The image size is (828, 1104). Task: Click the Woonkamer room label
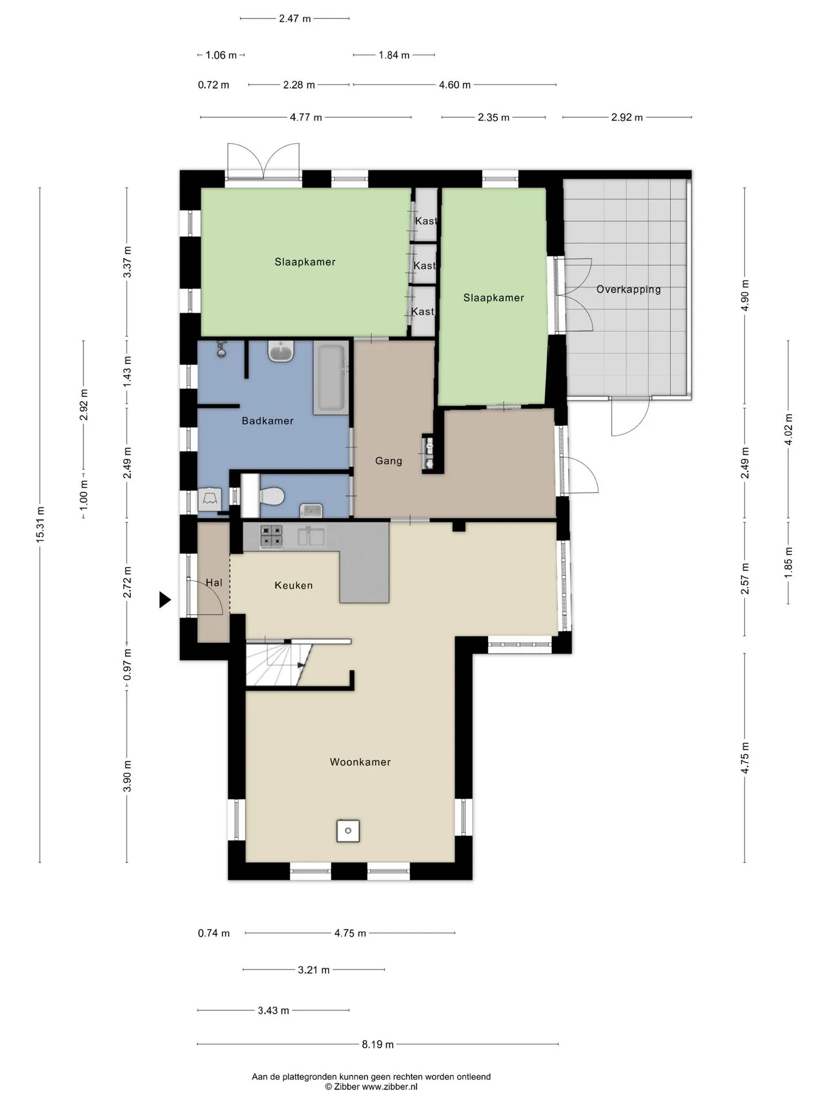click(360, 762)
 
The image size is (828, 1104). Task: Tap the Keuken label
click(294, 585)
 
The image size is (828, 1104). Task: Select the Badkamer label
click(267, 421)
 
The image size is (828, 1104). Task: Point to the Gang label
click(389, 461)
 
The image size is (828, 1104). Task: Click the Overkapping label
click(628, 289)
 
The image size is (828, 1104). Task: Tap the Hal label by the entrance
click(214, 582)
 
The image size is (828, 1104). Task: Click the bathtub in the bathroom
click(331, 379)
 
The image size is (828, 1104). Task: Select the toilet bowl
click(271, 496)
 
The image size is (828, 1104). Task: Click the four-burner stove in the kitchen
click(271, 535)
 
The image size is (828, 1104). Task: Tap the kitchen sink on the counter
click(311, 536)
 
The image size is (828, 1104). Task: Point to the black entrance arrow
click(165, 600)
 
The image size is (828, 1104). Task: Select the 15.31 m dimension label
click(40, 524)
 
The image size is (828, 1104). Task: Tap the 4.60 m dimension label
click(455, 85)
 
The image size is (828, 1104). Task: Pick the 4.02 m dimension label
click(788, 430)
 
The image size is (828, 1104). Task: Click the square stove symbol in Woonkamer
click(348, 831)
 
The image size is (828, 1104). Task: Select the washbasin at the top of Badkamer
click(281, 351)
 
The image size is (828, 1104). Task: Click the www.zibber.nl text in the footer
click(389, 1087)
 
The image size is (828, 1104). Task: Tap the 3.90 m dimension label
click(127, 776)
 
